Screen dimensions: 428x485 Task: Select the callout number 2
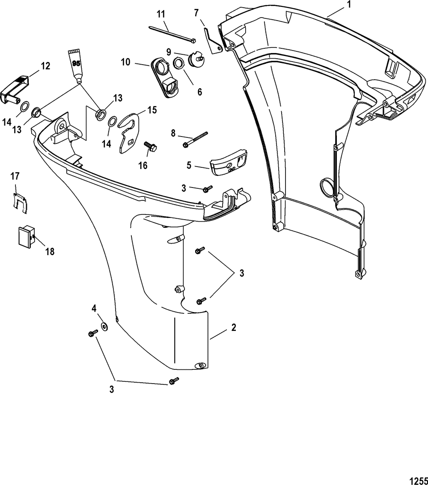pyautogui.click(x=233, y=328)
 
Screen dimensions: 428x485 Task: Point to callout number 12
pyautogui.click(x=46, y=66)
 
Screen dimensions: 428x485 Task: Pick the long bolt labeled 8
pyautogui.click(x=195, y=139)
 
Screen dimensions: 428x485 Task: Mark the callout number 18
pyautogui.click(x=50, y=251)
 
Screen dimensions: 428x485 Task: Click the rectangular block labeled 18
pyautogui.click(x=26, y=236)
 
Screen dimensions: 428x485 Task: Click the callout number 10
pyautogui.click(x=125, y=62)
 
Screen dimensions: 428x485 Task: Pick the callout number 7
pyautogui.click(x=196, y=13)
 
